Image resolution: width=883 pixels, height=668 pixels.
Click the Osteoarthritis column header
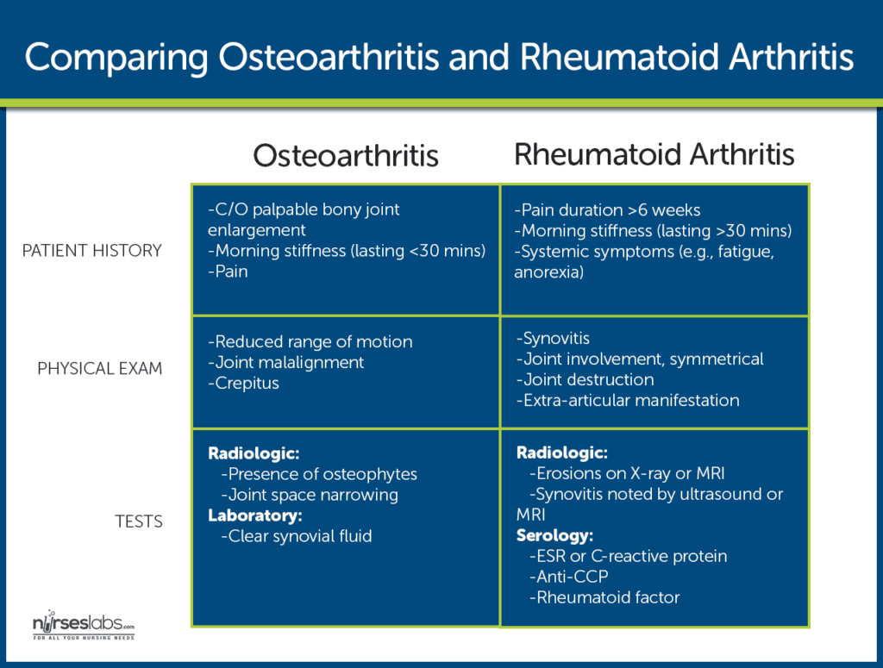346,156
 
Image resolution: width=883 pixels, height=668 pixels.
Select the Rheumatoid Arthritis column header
654,154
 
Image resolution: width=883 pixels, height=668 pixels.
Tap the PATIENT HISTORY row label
92,251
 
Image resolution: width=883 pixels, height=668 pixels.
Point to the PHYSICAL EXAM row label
99,369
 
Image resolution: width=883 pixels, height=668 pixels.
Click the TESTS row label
139,521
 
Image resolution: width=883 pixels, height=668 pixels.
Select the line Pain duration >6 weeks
608,210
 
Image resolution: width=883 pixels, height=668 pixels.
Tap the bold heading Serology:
555,535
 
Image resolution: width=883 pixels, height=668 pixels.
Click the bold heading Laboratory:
255,515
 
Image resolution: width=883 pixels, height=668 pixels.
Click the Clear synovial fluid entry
297,536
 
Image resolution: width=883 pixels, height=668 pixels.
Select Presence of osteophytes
319,474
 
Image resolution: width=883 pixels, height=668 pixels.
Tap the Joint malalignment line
286,363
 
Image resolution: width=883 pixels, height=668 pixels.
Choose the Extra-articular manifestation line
628,401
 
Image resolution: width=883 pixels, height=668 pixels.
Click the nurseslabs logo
83,627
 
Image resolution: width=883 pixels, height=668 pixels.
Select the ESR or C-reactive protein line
629,556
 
